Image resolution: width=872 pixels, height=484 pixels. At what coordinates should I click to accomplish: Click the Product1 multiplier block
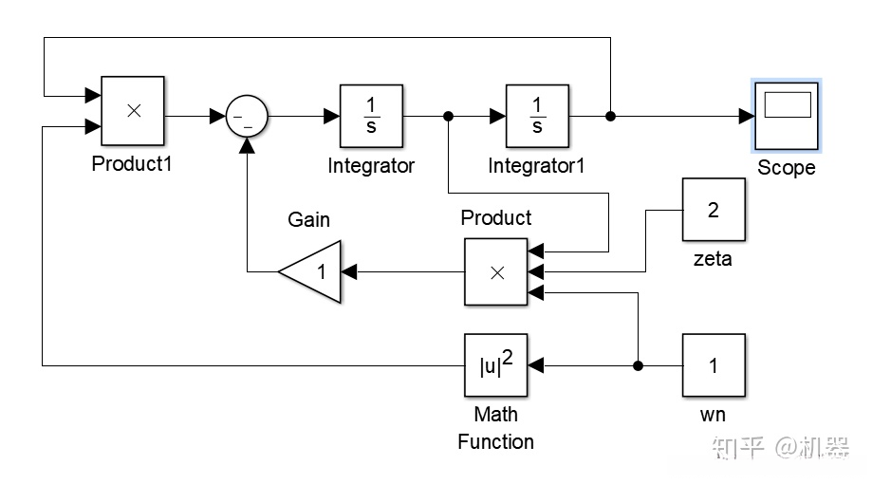point(133,110)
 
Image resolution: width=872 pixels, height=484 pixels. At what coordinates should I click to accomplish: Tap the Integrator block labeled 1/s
point(372,116)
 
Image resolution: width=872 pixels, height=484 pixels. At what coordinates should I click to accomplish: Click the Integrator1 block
point(537,116)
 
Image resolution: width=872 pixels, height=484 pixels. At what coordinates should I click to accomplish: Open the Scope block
point(786,116)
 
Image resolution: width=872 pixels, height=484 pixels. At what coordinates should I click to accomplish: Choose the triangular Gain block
point(311,272)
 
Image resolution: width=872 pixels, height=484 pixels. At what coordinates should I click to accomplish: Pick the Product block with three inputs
point(496,271)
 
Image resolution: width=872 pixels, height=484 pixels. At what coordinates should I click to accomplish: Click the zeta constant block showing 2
point(714,210)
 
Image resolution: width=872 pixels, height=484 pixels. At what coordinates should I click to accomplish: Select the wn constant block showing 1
point(714,365)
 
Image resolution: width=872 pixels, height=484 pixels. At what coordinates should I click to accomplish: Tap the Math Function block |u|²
point(496,365)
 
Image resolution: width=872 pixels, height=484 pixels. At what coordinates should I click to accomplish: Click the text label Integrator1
point(536,166)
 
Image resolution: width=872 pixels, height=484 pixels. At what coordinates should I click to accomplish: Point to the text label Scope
point(786,168)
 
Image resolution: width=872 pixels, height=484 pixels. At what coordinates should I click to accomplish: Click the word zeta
point(713,257)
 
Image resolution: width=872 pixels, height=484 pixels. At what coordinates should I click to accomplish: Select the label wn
point(713,414)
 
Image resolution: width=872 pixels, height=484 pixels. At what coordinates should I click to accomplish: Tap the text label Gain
point(309,220)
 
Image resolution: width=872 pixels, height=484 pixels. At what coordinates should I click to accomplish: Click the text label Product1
point(132,163)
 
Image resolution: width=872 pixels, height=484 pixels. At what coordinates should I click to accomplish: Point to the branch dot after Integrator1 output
point(611,116)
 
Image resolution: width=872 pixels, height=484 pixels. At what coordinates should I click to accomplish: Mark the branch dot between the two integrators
point(448,116)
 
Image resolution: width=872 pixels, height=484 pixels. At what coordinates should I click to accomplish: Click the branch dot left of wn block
point(638,365)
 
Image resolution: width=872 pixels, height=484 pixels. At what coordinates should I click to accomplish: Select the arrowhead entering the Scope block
point(745,116)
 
